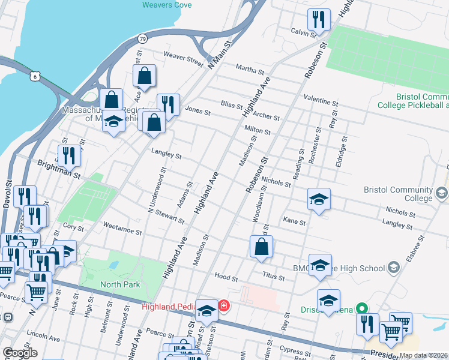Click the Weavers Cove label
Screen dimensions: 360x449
167,5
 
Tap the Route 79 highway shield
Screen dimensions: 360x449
142,38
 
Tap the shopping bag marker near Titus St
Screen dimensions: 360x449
262,247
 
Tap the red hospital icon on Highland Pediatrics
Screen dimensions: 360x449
224,306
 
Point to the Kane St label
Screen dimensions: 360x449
294,221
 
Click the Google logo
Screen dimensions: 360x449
20,353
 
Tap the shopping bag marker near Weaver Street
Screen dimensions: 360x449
145,76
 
